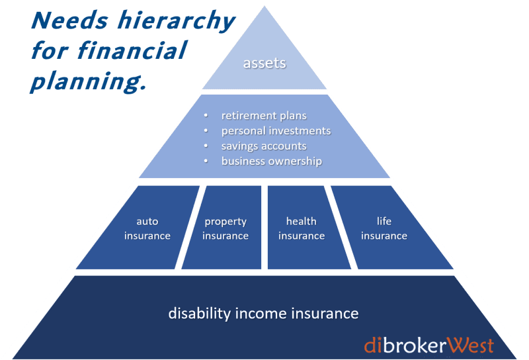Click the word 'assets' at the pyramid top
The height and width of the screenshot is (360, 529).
[264, 64]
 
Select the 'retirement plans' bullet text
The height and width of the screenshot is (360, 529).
[264, 116]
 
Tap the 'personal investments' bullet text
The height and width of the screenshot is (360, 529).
[276, 131]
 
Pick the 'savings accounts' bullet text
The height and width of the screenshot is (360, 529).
[264, 146]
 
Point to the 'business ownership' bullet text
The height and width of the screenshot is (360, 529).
[271, 161]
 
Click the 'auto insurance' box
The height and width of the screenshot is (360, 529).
[147, 228]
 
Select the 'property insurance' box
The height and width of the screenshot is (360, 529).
[225, 228]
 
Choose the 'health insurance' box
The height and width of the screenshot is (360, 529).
[302, 228]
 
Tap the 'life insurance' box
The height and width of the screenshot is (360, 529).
[384, 228]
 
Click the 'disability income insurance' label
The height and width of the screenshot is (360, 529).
[263, 313]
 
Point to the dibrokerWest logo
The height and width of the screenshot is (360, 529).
[428, 345]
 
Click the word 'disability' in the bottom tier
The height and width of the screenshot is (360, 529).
[196, 313]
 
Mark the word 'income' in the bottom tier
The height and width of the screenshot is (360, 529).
[261, 313]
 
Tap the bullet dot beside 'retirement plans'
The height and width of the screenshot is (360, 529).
[206, 116]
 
